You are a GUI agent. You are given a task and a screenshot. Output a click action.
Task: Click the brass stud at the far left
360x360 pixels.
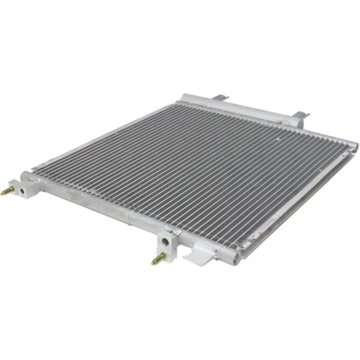(7, 192)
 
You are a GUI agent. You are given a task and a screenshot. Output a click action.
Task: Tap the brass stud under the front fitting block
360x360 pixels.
(158, 260)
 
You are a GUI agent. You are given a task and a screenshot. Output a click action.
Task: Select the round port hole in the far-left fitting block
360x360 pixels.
(20, 190)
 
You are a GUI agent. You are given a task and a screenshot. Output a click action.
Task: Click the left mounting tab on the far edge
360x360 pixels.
(221, 97)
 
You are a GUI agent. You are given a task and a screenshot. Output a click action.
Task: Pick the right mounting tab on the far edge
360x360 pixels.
(300, 115)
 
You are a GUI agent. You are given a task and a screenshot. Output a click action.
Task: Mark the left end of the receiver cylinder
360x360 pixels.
(183, 96)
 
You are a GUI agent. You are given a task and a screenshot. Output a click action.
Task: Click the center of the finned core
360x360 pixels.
(198, 168)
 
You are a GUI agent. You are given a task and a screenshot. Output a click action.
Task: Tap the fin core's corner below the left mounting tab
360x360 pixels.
(180, 104)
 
